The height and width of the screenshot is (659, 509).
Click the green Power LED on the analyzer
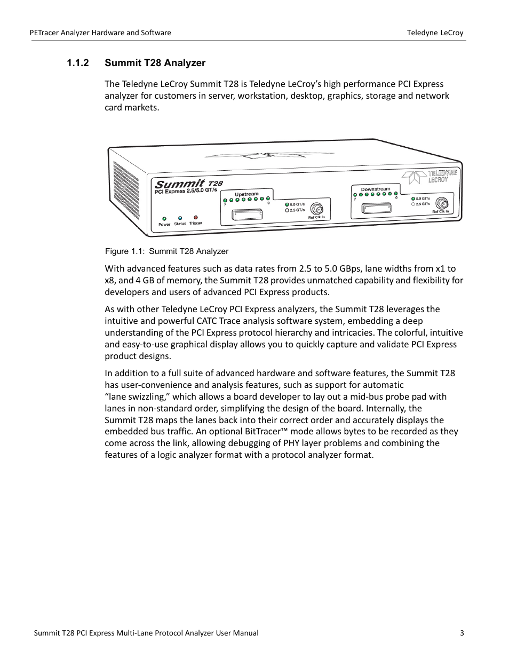[164, 219]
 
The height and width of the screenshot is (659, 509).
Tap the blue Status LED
[180, 218]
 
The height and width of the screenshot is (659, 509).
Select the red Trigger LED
[196, 218]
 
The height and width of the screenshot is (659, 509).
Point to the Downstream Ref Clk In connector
[441, 203]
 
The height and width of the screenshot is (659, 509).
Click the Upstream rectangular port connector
[247, 215]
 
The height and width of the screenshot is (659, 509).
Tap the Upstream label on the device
[246, 194]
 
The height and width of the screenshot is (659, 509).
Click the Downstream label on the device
[376, 189]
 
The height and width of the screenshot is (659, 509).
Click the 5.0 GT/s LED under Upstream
[287, 204]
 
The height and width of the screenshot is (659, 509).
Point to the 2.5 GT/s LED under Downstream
[413, 204]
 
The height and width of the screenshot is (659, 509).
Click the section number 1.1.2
[77, 63]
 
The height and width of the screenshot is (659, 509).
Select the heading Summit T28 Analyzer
[155, 63]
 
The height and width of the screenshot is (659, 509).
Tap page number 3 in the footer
[462, 633]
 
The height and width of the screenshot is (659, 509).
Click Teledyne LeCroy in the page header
[435, 33]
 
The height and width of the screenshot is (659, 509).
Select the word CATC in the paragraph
[206, 321]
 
